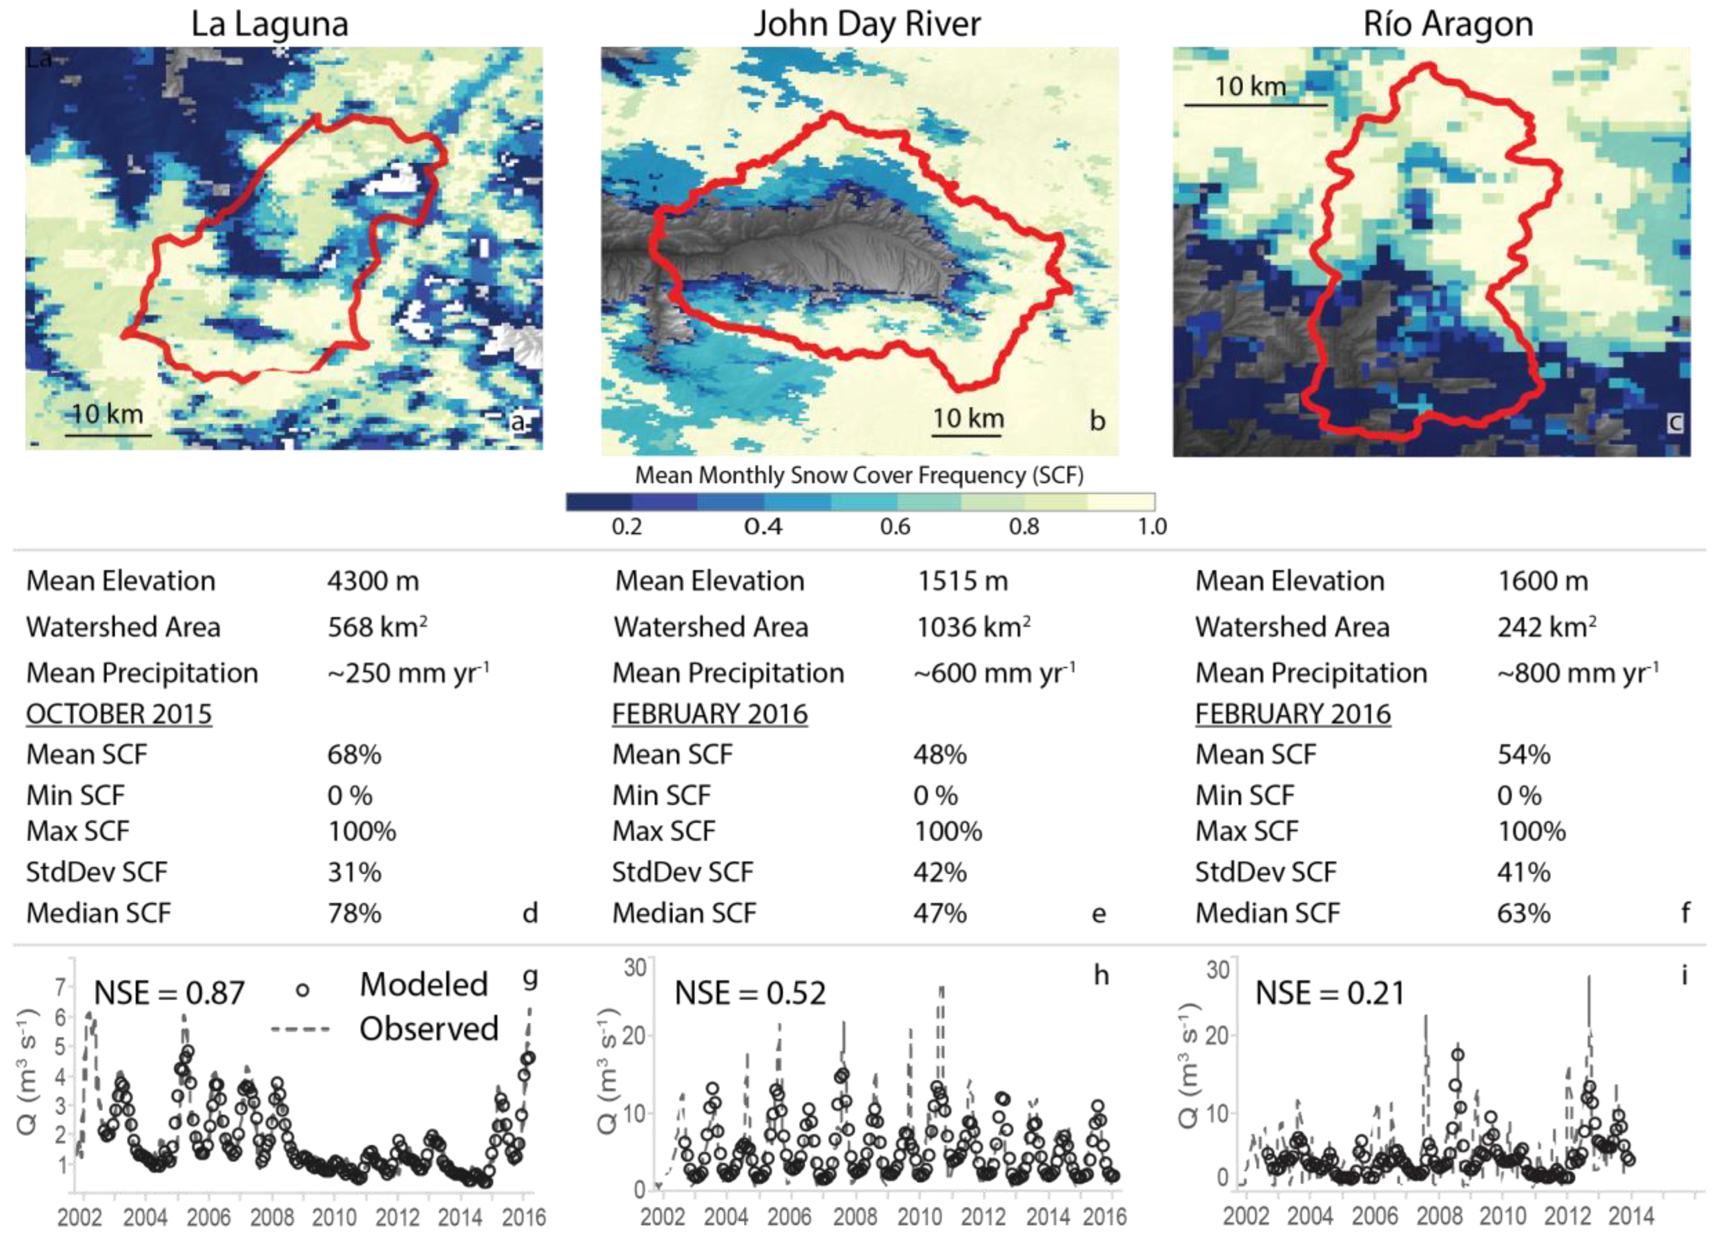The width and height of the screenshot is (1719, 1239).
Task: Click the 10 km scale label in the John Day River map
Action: (x=968, y=418)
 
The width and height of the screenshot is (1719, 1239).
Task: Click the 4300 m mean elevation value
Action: (x=373, y=581)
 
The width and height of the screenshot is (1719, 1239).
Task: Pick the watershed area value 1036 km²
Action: (x=973, y=628)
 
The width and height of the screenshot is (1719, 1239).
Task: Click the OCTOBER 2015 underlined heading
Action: (x=119, y=714)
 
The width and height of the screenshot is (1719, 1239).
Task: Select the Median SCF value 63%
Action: (x=1524, y=913)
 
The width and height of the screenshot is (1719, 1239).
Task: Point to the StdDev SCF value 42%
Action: (x=940, y=872)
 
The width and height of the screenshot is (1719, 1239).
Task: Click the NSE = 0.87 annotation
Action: (x=169, y=992)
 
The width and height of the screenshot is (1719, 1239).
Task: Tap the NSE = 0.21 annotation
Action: (x=1330, y=992)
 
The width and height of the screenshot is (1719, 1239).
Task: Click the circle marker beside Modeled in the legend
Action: (x=302, y=990)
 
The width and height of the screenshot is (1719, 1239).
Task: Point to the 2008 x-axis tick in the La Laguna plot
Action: (x=272, y=1218)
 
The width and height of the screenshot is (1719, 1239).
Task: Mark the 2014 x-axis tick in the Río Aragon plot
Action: (x=1631, y=1216)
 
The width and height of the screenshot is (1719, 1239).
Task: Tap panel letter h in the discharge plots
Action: (x=1101, y=975)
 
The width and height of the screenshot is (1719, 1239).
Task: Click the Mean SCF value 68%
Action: (x=354, y=755)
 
